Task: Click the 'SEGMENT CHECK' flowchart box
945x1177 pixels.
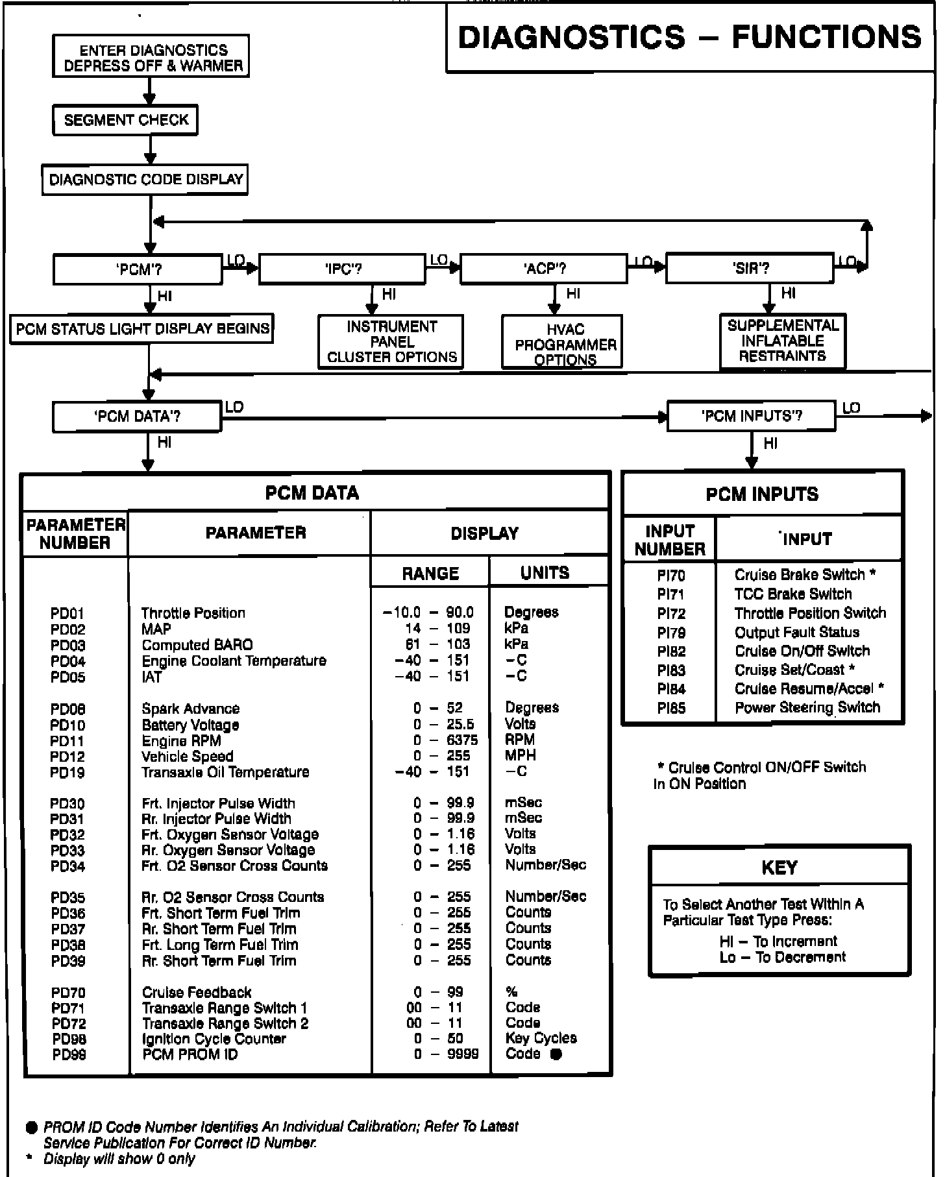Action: coord(125,120)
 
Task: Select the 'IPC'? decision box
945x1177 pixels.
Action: coord(342,269)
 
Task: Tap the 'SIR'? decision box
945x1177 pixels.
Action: coord(750,269)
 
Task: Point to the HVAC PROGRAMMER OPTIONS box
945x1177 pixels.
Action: coord(562,343)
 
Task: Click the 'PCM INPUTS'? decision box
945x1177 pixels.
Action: coord(751,416)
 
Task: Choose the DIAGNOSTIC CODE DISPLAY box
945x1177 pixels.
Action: coord(145,180)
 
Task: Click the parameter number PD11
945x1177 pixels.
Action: coord(67,741)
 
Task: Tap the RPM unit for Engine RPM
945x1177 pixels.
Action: coord(520,740)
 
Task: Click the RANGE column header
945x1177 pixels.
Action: coord(430,574)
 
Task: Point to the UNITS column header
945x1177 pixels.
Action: coord(545,573)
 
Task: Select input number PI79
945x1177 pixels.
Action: coord(671,633)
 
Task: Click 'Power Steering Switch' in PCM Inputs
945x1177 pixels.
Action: coord(807,708)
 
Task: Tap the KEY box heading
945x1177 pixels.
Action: coord(779,868)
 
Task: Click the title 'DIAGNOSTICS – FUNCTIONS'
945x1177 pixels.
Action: coord(689,37)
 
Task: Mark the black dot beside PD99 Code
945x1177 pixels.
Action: coord(556,1054)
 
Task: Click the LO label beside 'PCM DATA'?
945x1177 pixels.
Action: coord(234,407)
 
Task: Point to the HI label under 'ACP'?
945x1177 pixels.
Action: coord(573,294)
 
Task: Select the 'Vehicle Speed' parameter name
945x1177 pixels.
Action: coord(187,757)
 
